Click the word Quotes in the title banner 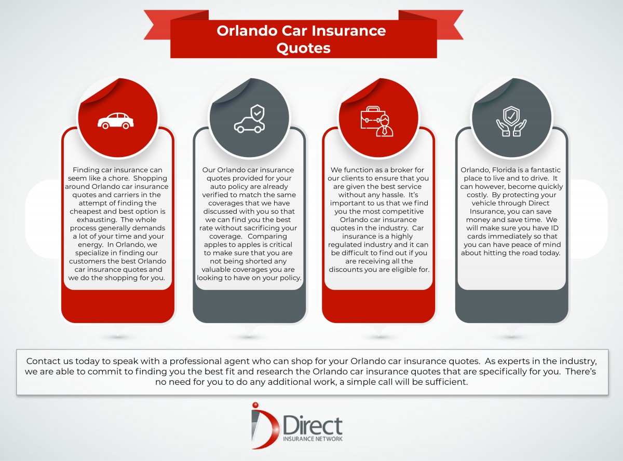pyautogui.click(x=303, y=48)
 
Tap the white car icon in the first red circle pyautogui.click(x=116, y=121)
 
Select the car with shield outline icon pyautogui.click(x=249, y=119)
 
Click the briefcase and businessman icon pyautogui.click(x=377, y=121)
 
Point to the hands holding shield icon pyautogui.click(x=511, y=121)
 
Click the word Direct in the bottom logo pyautogui.click(x=313, y=426)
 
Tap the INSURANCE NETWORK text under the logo pyautogui.click(x=313, y=439)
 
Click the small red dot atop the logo pyautogui.click(x=255, y=405)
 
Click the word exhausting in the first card pyautogui.click(x=93, y=220)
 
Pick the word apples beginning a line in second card pyautogui.click(x=215, y=245)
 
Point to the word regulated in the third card pyautogui.click(x=344, y=245)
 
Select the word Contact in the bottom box pyautogui.click(x=42, y=361)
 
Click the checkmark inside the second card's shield pyautogui.click(x=258, y=113)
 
